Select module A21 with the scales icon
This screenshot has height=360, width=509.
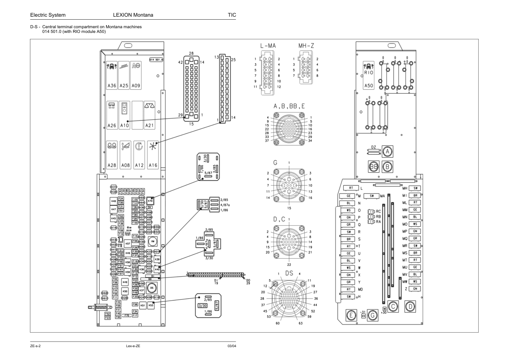point(149,115)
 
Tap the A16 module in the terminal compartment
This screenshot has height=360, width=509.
point(153,155)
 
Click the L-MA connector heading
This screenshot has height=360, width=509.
point(268,46)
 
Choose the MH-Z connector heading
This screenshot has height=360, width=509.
point(306,46)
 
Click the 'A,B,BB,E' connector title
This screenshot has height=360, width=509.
point(289,106)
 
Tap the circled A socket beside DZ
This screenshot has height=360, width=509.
point(388,151)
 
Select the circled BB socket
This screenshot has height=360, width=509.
point(374,167)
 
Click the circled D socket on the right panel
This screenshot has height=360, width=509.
point(410,306)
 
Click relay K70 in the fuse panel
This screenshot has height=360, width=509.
point(150,200)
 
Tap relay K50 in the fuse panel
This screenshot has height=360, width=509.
point(125,291)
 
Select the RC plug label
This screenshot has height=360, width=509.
point(378,211)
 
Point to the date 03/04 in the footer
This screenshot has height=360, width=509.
point(232,345)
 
